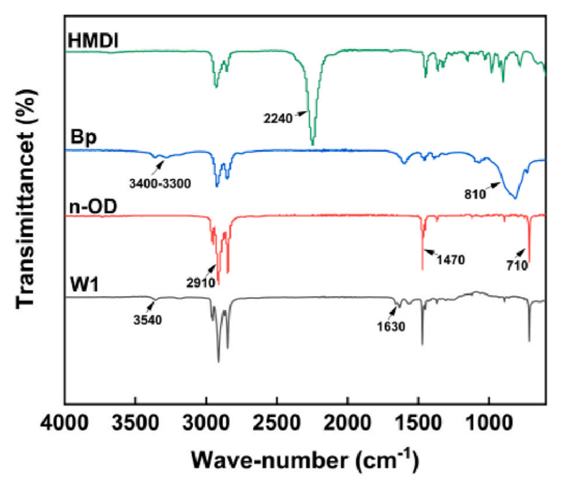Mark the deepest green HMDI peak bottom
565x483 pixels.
click(x=313, y=144)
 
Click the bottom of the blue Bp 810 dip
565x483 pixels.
click(x=515, y=198)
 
